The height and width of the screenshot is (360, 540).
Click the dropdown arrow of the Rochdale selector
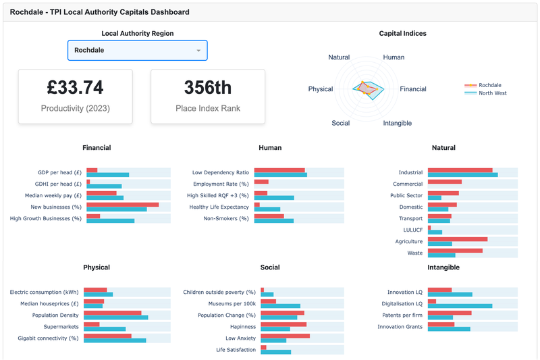pyautogui.click(x=198, y=51)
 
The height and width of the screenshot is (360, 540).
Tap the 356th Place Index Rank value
pyautogui.click(x=208, y=88)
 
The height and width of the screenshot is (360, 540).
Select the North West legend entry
pyautogui.click(x=492, y=93)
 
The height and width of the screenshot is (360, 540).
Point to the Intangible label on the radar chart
pyautogui.click(x=397, y=124)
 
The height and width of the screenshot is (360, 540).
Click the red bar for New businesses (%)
pyautogui.click(x=122, y=205)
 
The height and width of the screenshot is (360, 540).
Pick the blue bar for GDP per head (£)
pyautogui.click(x=107, y=175)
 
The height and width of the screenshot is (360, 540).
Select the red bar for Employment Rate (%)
pyautogui.click(x=261, y=182)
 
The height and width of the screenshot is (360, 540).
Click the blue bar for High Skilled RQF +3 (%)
pyautogui.click(x=274, y=198)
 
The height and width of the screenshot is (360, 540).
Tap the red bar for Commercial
pyautogui.click(x=444, y=182)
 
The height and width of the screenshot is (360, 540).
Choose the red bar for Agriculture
pyautogui.click(x=457, y=239)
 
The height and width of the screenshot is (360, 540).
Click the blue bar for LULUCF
pyautogui.click(x=435, y=232)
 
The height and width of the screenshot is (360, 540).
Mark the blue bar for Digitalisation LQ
pyautogui.click(x=460, y=306)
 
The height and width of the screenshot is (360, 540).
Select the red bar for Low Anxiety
pyautogui.click(x=285, y=336)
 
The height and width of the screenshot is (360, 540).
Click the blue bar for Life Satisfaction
pyautogui.click(x=275, y=352)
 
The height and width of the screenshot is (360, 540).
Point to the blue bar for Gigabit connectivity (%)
pyautogui.click(x=116, y=340)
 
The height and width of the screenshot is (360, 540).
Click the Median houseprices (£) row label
pyautogui.click(x=46, y=304)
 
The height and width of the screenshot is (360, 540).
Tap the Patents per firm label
pyautogui.click(x=400, y=315)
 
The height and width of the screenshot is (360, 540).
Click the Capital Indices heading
pyautogui.click(x=402, y=34)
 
